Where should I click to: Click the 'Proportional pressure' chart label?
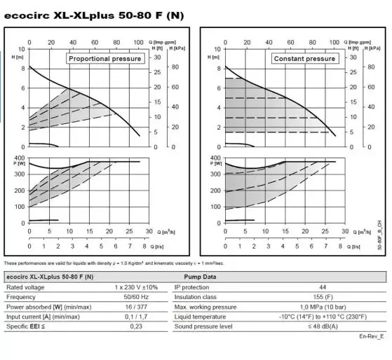(x=105, y=59)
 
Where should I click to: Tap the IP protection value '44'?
(x=322, y=287)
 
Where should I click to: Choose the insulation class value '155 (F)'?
(x=322, y=297)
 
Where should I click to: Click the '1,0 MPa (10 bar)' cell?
(x=322, y=307)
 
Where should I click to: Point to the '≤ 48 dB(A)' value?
(x=322, y=326)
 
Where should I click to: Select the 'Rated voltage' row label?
(x=26, y=287)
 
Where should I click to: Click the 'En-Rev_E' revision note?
(x=371, y=337)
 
